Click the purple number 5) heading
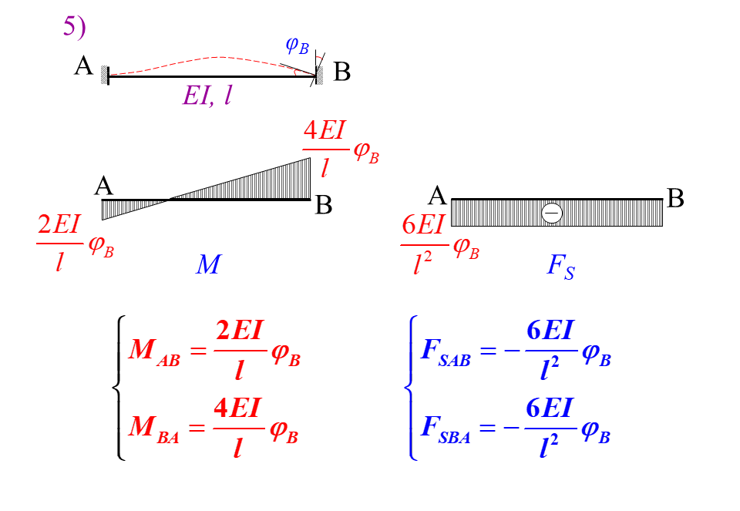(74, 27)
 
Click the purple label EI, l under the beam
(207, 96)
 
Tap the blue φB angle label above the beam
(297, 45)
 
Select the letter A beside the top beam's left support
(83, 67)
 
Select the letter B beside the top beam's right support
(342, 73)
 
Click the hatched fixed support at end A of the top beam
(103, 74)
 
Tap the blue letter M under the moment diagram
(207, 265)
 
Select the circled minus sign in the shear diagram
(552, 213)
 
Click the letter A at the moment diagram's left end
(104, 186)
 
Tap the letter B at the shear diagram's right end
(675, 199)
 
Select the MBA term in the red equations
(154, 426)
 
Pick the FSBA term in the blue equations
(446, 426)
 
